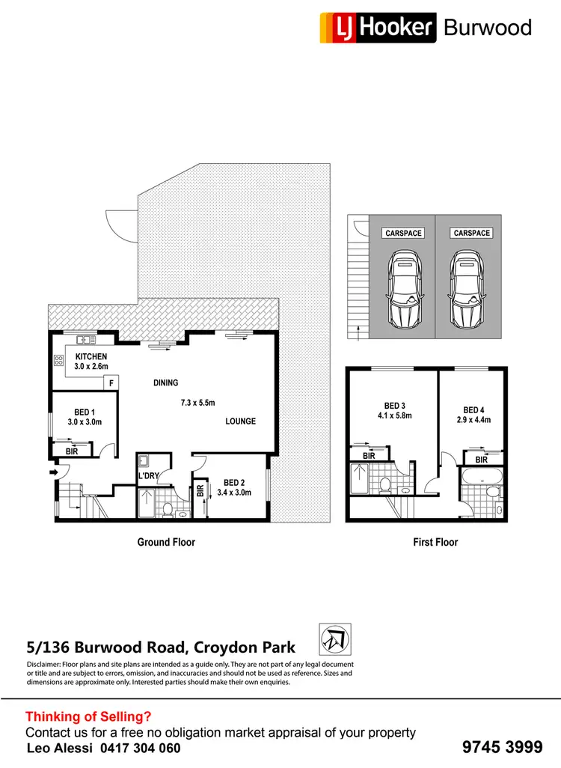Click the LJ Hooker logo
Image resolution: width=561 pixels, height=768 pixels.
click(x=377, y=28)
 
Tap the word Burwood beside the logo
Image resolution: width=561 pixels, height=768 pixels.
click(x=487, y=28)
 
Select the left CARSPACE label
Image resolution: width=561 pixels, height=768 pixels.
click(x=403, y=234)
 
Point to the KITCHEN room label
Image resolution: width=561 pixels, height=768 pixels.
click(x=91, y=357)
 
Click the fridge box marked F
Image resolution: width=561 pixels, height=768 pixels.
click(x=111, y=383)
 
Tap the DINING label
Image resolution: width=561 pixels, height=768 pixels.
click(x=166, y=383)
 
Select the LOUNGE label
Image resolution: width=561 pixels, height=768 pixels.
click(x=240, y=421)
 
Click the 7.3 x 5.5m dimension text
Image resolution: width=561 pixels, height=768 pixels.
click(x=197, y=403)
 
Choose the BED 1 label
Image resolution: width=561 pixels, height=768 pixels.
click(x=85, y=412)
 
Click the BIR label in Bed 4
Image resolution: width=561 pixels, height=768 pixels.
click(x=481, y=460)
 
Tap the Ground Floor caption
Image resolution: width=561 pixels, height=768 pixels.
click(x=166, y=542)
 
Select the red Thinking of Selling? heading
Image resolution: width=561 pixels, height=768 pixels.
click(x=88, y=716)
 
